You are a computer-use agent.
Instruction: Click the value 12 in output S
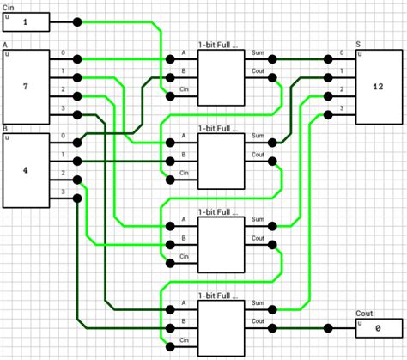378,88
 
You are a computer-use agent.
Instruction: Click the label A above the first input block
6,45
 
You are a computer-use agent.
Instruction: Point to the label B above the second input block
6,128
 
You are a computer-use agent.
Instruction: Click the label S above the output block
358,45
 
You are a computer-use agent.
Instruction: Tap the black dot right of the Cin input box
77,22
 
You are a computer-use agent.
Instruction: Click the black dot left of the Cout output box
327,327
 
